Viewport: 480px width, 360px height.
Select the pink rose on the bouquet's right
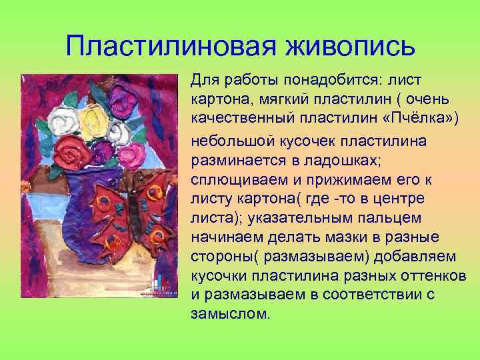(x=135, y=150)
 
